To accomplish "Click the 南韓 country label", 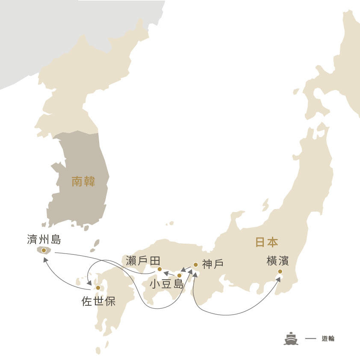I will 83,182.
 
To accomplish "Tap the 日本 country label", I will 266,242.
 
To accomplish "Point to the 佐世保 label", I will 98,301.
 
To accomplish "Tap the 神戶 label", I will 213,264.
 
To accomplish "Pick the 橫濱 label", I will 277,260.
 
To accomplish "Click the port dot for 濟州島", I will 44,251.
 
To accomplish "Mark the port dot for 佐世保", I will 98,288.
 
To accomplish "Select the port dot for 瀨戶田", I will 159,269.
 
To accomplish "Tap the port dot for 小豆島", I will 179,276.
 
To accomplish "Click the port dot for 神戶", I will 195,265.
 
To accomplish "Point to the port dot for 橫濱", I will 280,271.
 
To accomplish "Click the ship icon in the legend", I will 291,338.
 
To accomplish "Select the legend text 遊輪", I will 328,339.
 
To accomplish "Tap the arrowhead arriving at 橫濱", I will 279,279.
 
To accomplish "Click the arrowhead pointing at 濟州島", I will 45,259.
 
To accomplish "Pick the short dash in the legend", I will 311,339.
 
